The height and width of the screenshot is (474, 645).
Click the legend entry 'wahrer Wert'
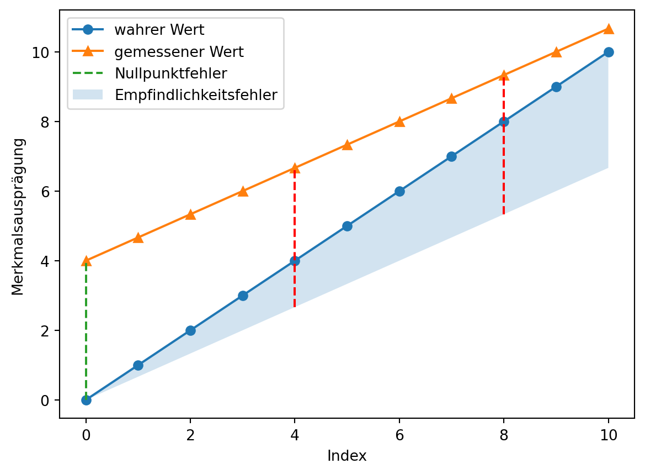[159, 30]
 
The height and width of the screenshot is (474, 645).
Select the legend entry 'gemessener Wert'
[179, 51]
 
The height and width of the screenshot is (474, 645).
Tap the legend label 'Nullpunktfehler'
[170, 73]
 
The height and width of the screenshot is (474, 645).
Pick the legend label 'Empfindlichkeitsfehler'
[196, 94]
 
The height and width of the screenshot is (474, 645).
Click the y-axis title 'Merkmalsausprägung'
[18, 217]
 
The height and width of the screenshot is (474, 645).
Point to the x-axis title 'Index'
[347, 456]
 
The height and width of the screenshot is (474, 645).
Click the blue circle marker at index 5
[347, 226]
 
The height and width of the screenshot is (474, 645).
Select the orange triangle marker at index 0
[86, 261]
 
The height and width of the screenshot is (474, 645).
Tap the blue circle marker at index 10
[609, 52]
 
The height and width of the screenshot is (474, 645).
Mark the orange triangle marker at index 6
[399, 122]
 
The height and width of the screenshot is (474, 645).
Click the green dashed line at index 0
[86, 331]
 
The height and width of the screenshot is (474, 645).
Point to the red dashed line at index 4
[295, 238]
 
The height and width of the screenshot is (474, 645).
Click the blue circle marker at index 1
[138, 365]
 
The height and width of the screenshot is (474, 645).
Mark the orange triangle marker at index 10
[609, 29]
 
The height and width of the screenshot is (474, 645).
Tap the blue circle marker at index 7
[451, 156]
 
